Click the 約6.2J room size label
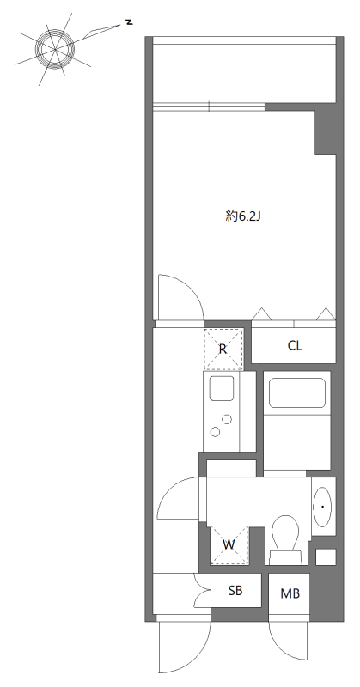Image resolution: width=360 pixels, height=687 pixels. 243,216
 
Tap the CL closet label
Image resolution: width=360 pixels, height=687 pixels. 295,346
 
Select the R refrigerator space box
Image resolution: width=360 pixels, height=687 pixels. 223,349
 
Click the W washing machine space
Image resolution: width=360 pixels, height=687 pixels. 229,545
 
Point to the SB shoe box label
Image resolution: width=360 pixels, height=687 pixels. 235,591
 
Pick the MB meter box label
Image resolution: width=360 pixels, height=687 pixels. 290,593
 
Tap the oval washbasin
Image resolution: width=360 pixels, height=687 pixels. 323,507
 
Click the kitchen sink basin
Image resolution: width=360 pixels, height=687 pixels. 222,388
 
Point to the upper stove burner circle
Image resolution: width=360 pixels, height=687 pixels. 227,419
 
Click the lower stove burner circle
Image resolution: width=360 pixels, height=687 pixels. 215,432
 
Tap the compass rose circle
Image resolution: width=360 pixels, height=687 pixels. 55,49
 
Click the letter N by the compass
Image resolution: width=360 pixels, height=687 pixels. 129,21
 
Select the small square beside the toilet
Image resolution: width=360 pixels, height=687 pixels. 326,556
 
